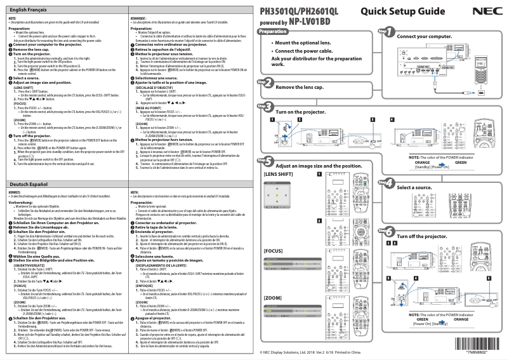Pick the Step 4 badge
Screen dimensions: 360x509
point(386,184)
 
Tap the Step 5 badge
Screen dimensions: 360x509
point(266,162)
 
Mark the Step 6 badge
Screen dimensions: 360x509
point(386,232)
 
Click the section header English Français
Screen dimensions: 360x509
point(27,11)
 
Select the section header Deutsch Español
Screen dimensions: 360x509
point(27,183)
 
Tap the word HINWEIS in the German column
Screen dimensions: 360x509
point(15,191)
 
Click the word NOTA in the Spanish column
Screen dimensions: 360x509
point(134,191)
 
